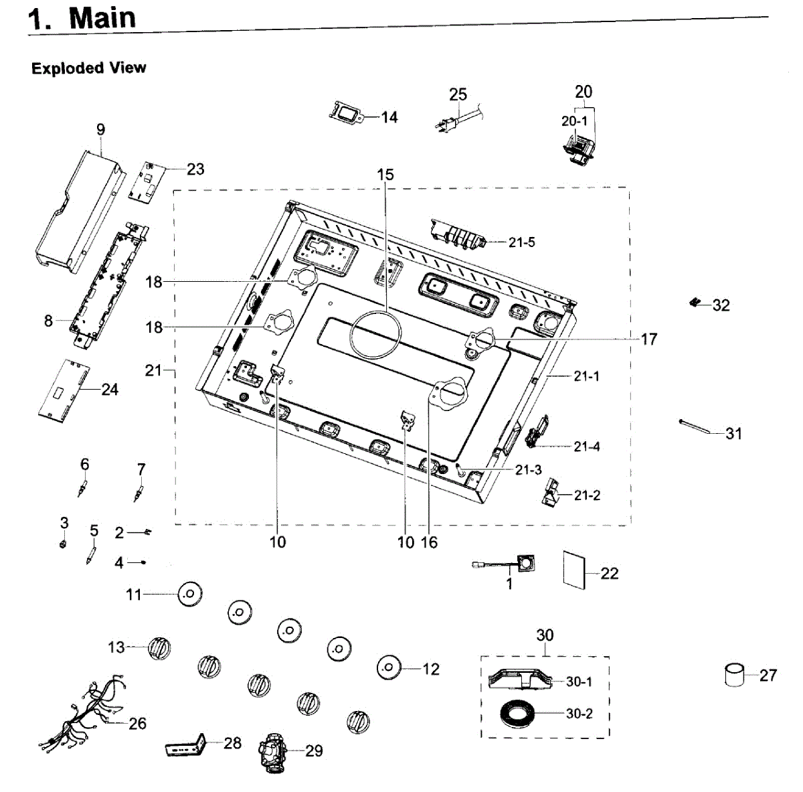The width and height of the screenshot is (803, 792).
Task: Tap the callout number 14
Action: tap(389, 117)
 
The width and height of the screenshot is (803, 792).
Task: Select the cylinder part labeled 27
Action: tap(735, 674)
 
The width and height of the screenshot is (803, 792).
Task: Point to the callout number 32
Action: tap(721, 305)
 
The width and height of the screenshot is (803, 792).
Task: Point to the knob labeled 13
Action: tap(159, 647)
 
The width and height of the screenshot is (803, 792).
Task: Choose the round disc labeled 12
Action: tap(389, 667)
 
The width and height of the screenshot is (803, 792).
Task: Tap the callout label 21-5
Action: tap(521, 242)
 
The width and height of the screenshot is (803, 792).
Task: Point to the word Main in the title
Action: tap(102, 18)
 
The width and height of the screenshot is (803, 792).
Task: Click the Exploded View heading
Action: tap(88, 68)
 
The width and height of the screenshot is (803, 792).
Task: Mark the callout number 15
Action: tap(385, 175)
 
